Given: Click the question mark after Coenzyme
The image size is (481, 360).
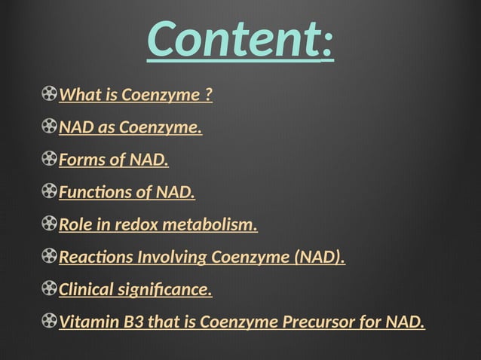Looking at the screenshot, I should pyautogui.click(x=208, y=96).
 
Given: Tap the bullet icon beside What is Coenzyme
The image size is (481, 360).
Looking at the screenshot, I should pyautogui.click(x=50, y=95).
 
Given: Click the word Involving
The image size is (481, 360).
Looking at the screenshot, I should pyautogui.click(x=172, y=258).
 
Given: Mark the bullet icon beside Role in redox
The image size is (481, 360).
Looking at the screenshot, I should pyautogui.click(x=50, y=224).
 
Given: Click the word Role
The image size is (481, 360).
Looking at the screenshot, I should pyautogui.click(x=74, y=225).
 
